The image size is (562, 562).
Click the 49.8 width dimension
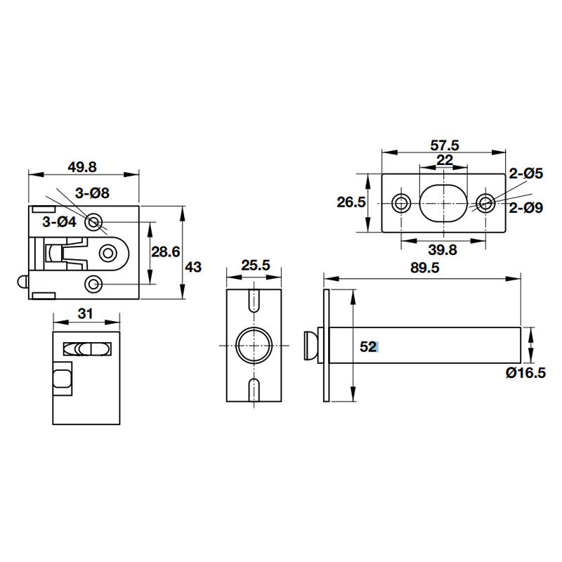83,166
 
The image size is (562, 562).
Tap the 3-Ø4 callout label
59,222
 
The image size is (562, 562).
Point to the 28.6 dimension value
166,251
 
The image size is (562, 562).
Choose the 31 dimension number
85,314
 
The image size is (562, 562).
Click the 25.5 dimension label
256,266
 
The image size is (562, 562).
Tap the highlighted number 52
369,346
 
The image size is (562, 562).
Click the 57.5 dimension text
445,145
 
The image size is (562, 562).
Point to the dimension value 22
445,159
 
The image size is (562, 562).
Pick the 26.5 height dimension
351,202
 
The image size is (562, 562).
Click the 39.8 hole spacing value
443,251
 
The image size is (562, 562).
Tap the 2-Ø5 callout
525,173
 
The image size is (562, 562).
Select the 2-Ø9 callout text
525,207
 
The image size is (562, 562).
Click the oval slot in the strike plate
444,203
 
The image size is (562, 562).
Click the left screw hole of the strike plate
402,203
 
